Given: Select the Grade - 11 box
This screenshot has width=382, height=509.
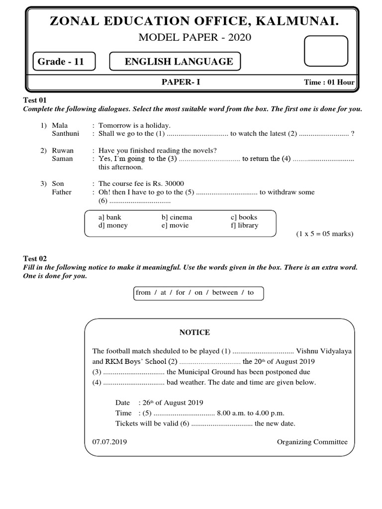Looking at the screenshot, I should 62,62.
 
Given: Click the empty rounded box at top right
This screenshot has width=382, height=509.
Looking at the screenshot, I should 325,51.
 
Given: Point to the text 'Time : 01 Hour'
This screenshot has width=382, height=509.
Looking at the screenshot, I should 329,83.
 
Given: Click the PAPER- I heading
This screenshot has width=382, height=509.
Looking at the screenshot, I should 184,82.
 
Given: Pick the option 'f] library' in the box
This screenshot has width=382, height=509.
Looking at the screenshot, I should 244,225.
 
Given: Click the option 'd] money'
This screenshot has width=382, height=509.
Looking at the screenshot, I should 113,225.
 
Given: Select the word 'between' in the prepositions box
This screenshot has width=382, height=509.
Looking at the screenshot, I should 225,292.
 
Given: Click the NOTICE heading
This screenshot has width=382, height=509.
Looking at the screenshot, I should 194,332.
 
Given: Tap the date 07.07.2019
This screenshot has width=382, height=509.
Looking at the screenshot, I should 109,442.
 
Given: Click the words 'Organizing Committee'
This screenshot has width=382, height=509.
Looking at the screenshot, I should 312,442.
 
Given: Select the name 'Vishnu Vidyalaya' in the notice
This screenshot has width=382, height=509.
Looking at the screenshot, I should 324,351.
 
